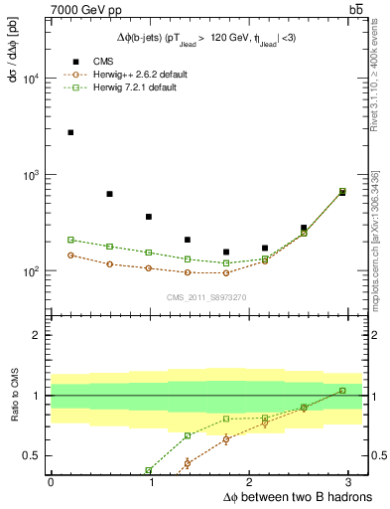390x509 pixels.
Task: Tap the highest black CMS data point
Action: tap(70, 132)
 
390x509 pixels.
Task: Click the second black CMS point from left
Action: tap(109, 194)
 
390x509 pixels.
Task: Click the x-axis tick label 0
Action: tap(51, 482)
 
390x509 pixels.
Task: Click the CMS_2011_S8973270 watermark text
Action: tap(207, 297)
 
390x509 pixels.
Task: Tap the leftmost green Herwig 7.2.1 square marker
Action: tap(70, 240)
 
